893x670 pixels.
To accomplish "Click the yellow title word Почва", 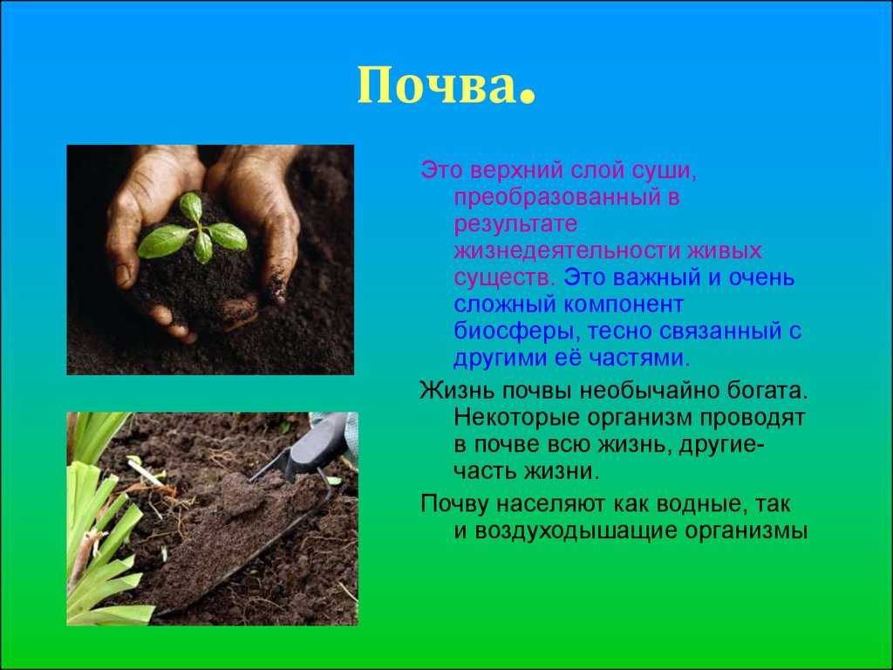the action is point(437,86).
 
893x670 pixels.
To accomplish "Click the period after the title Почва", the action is point(528,98).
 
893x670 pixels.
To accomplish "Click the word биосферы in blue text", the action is point(516,332).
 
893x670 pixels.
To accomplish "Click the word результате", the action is point(515,224).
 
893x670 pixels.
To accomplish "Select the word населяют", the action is point(552,504).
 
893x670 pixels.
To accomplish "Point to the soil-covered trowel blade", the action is point(228,541).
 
